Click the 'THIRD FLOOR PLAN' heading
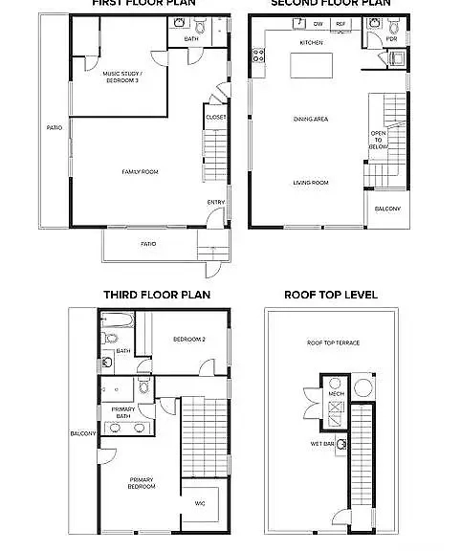click(x=157, y=295)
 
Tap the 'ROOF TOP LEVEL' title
click(x=331, y=295)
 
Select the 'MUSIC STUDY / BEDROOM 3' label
click(x=121, y=76)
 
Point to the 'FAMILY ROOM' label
click(x=140, y=171)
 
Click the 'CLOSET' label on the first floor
click(x=215, y=118)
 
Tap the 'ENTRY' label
click(x=215, y=202)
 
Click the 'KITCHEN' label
click(x=312, y=43)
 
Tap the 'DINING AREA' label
click(x=311, y=120)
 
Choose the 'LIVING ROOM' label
click(x=311, y=182)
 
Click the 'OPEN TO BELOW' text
click(x=379, y=140)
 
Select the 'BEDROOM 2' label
click(x=189, y=340)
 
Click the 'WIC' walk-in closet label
click(x=200, y=502)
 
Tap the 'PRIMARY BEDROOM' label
click(x=141, y=483)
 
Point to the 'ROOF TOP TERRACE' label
click(x=333, y=342)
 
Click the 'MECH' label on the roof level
click(x=336, y=393)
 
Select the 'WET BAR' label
click(x=321, y=444)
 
